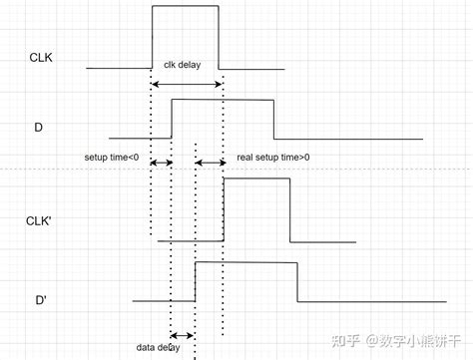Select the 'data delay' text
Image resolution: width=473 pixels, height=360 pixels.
pos(159,347)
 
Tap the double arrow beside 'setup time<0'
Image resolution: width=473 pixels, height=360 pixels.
pos(161,161)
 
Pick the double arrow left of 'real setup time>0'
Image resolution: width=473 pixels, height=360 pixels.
pos(210,161)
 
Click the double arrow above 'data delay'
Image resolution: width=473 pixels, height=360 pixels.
pos(183,335)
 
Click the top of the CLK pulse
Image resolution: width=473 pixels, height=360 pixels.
pos(185,7)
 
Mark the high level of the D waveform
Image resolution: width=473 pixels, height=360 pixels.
pos(223,100)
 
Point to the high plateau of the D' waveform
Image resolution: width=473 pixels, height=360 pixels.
pos(245,262)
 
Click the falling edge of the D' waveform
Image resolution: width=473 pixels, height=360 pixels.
pos(297,281)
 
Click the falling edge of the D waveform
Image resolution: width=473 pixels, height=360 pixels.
pos(273,119)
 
